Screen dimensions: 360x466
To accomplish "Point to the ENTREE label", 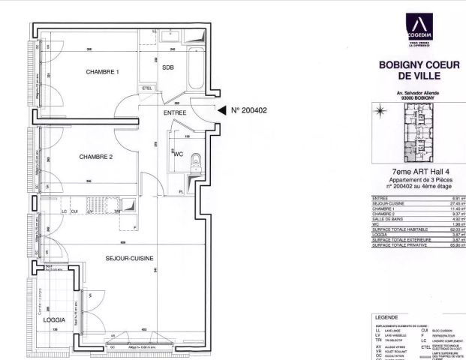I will pos(176,112).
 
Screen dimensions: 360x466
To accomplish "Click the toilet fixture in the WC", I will pos(195,160).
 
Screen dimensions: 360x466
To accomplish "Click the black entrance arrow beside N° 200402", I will pos(221,111).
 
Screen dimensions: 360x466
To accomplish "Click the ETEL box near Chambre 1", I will pos(146,89).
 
